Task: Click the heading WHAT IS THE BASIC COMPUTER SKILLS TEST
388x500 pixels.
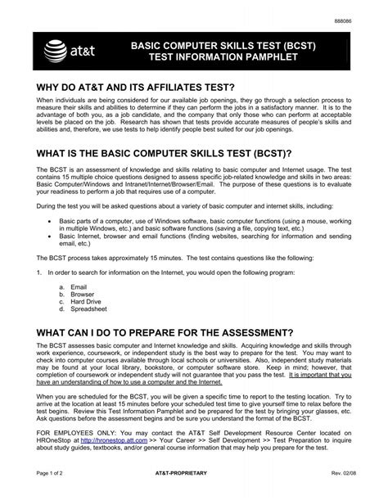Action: pos(165,155)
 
